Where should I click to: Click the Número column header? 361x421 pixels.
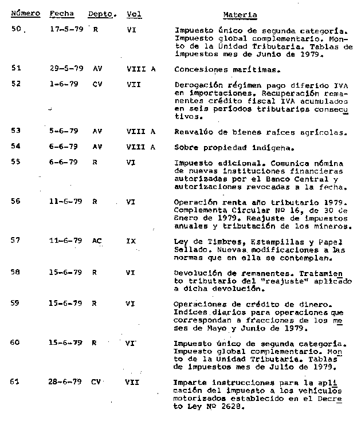pos(25,13)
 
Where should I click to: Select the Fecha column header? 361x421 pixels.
pos(61,13)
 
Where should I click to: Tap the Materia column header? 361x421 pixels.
pos(240,15)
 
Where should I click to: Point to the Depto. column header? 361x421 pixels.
pos(103,13)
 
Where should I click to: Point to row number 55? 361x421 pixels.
pos(16,162)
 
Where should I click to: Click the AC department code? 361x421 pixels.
pos(97,241)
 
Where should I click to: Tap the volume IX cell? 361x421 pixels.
pos(131,241)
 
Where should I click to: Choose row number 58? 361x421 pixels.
pos(15,273)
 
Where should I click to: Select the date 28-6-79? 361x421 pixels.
pos(64,381)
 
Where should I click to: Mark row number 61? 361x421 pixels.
pos(15,381)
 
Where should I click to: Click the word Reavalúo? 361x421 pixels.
pos(193,132)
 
